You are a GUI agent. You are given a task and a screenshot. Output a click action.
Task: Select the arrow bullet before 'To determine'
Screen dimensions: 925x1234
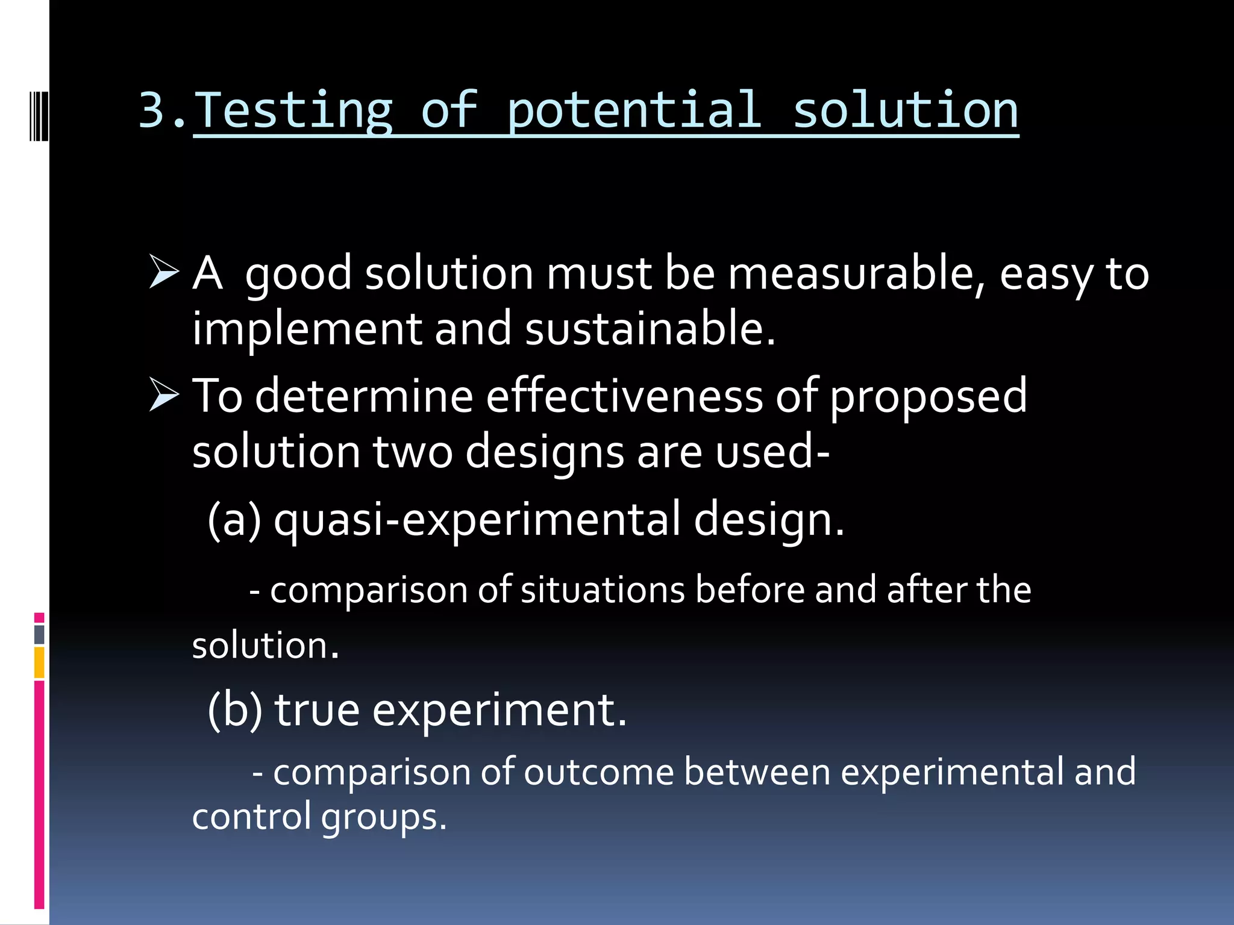(164, 395)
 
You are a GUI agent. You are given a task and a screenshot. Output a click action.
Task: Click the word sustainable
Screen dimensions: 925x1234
(649, 329)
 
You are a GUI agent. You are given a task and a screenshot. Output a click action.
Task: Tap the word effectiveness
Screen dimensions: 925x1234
(624, 396)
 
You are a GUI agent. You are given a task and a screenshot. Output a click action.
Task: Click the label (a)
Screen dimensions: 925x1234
(234, 520)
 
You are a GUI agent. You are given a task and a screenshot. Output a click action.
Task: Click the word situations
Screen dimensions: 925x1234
(603, 590)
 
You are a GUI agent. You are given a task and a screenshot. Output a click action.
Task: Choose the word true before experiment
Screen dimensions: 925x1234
(317, 711)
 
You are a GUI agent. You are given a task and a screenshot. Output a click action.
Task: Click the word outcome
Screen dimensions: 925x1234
(598, 773)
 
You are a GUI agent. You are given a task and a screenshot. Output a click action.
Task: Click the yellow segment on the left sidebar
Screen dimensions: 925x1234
(39, 662)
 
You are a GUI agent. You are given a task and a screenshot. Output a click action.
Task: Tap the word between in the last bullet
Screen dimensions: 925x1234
(757, 773)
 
